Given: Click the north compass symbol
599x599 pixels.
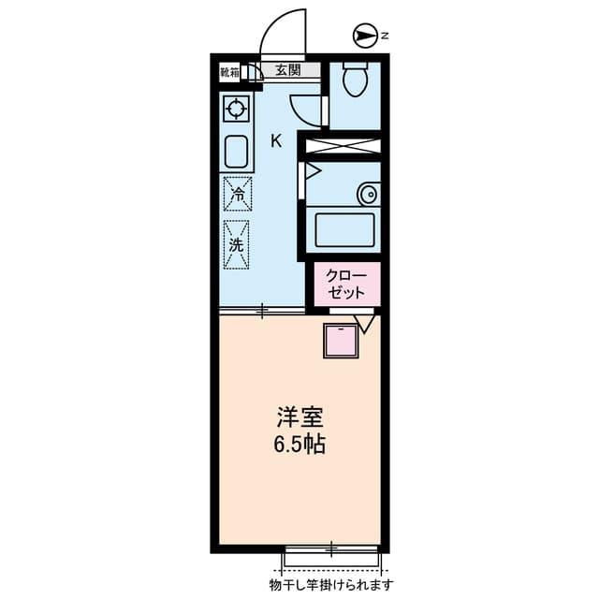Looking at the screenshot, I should point(363,36).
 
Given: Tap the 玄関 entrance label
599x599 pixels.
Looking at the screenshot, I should point(288,69).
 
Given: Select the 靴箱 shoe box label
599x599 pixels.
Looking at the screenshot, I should point(229,70).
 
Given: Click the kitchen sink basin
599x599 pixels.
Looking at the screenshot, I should point(236,150).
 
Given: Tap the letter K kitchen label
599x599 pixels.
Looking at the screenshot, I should point(276,141).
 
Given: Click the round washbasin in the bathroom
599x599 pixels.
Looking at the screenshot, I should point(368,195).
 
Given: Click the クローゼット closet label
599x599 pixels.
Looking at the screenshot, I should point(346,284).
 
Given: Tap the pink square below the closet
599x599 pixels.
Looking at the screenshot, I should point(341,341).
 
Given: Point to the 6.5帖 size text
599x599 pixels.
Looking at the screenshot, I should point(300,445).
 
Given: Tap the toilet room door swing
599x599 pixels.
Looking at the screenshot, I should point(307,109).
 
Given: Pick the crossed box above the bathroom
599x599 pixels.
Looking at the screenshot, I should point(344,146).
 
